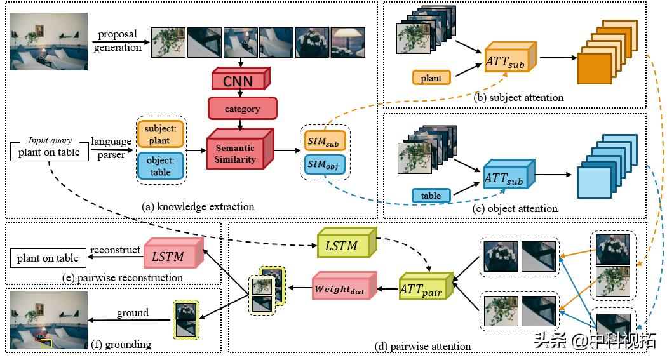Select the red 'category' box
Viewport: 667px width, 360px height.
point(243,109)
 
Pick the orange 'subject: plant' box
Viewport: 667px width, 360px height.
point(159,133)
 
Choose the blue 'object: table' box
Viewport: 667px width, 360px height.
point(159,166)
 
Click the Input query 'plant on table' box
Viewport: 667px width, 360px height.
point(48,152)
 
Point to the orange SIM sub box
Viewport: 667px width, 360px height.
point(324,139)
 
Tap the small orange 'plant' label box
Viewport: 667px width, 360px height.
point(431,78)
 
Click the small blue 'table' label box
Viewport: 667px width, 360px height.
point(431,195)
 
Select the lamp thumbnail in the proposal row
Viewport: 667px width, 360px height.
point(347,42)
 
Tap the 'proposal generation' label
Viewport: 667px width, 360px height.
point(118,41)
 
